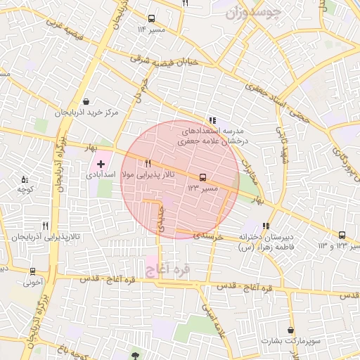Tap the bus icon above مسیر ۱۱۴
click(x=151, y=19)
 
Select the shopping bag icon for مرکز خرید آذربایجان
click(x=86, y=102)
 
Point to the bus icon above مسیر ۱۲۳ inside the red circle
click(x=203, y=177)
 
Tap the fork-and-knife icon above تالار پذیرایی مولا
click(x=148, y=163)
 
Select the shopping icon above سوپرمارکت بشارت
click(x=290, y=329)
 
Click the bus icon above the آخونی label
click(x=32, y=271)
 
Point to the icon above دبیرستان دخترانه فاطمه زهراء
click(x=267, y=226)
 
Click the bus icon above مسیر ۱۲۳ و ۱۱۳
click(x=342, y=235)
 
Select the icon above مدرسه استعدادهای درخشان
click(x=212, y=120)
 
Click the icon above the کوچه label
click(x=25, y=180)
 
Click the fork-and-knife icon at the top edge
click(x=185, y=4)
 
